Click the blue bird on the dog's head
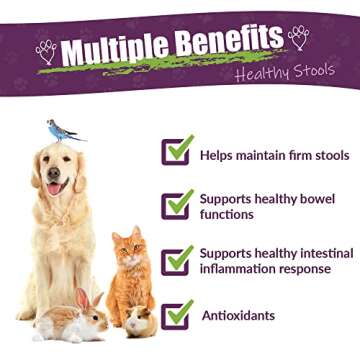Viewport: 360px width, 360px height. pos(62,130)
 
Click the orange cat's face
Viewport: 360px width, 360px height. pos(130,251)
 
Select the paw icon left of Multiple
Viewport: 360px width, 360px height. pos(46,51)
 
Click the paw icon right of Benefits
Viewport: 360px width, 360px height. pos(298,37)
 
